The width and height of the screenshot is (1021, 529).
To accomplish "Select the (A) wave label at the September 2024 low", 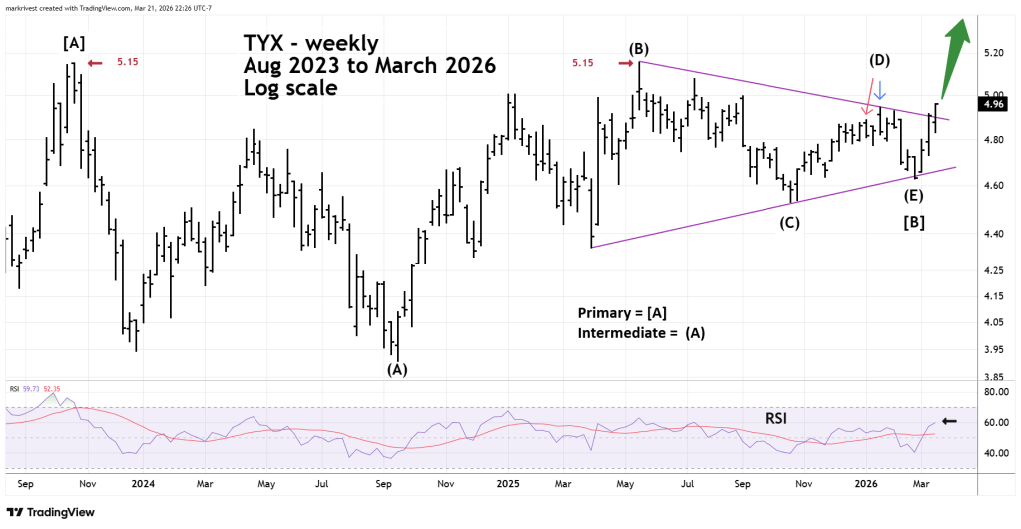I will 397,370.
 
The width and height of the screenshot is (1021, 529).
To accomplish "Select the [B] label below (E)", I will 912,222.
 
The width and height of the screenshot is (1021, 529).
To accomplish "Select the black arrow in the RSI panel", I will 949,421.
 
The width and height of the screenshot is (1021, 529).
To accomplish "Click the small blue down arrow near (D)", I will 879,100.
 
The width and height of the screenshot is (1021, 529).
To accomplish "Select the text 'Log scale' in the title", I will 289,88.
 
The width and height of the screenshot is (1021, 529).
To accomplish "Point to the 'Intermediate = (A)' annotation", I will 641,333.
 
